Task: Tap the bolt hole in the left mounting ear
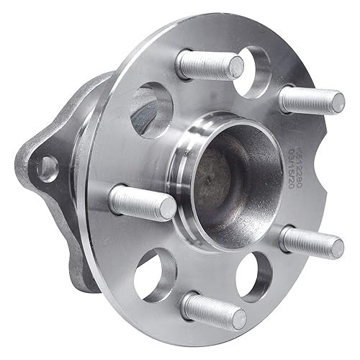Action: coord(48,167)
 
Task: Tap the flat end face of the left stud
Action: coord(166,209)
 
